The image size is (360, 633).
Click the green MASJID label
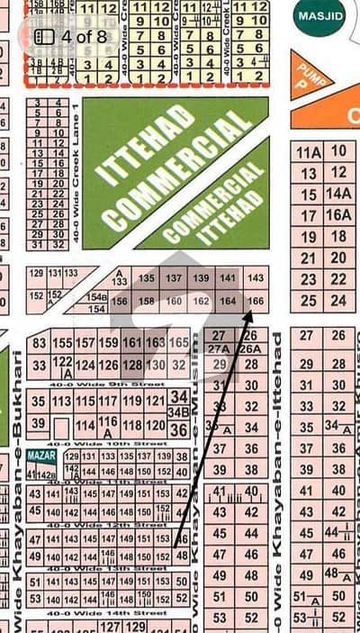(x=319, y=17)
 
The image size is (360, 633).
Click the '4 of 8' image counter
(x=69, y=37)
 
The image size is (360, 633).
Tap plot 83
(x=39, y=343)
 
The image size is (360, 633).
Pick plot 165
(x=178, y=343)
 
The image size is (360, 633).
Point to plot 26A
(x=251, y=349)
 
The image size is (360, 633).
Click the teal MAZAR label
(x=40, y=457)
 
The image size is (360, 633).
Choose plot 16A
(x=337, y=214)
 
